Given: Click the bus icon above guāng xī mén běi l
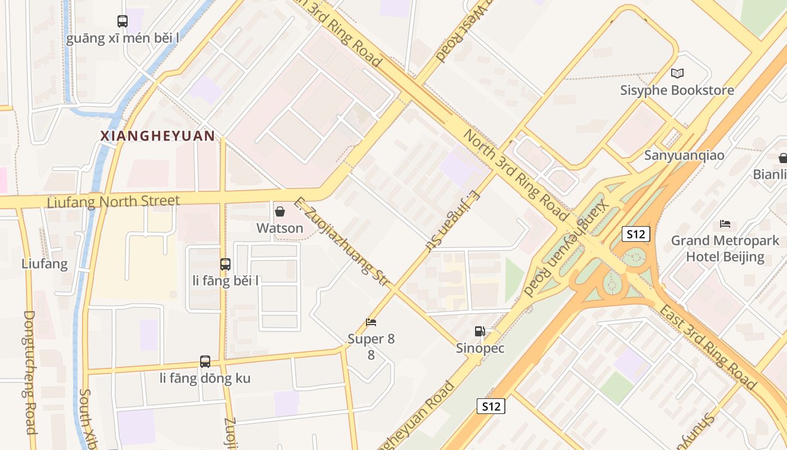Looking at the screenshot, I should coord(123,21).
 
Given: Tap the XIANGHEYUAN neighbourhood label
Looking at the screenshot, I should coord(157,136).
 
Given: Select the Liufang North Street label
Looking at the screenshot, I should coord(114,201).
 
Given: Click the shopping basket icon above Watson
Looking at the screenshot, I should coord(279,211).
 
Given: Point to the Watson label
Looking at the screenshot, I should coord(280,228).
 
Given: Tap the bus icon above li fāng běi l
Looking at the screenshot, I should coord(225,264).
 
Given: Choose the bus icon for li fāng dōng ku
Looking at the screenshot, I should coord(205,362).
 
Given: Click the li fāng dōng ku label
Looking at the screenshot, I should coord(205,378).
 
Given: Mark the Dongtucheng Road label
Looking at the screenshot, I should coord(30,371).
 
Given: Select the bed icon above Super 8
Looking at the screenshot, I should coord(371,322).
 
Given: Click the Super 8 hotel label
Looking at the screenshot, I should coord(371,339).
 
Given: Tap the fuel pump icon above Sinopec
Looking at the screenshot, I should coord(480,331).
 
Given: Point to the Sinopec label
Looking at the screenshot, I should coord(480,348).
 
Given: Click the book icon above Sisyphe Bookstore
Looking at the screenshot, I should coord(677,73).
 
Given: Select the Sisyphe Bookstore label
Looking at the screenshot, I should coord(677,90).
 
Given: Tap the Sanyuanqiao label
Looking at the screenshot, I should coord(684,155).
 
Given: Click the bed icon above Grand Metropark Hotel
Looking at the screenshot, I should coord(725,224).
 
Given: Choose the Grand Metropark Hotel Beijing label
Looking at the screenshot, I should coord(725,249).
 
